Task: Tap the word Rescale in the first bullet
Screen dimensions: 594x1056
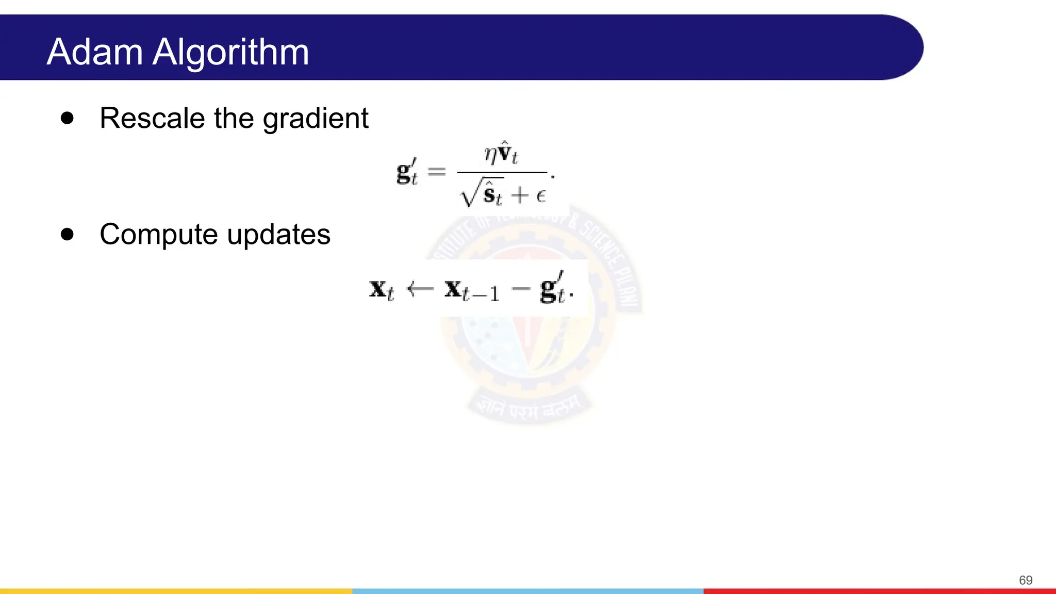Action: click(x=152, y=118)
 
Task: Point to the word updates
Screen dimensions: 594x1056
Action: click(x=278, y=235)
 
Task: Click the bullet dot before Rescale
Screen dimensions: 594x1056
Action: click(x=67, y=118)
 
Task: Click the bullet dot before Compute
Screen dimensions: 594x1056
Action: click(x=67, y=235)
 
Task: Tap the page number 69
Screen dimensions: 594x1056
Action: click(x=1025, y=580)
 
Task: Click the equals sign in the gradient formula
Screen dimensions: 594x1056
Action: click(x=437, y=171)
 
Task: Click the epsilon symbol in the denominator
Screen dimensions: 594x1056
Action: click(x=540, y=195)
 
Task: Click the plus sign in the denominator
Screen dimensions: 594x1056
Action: click(x=520, y=195)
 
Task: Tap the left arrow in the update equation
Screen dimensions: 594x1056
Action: click(x=420, y=289)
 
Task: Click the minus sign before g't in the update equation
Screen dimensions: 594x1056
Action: click(x=521, y=289)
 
